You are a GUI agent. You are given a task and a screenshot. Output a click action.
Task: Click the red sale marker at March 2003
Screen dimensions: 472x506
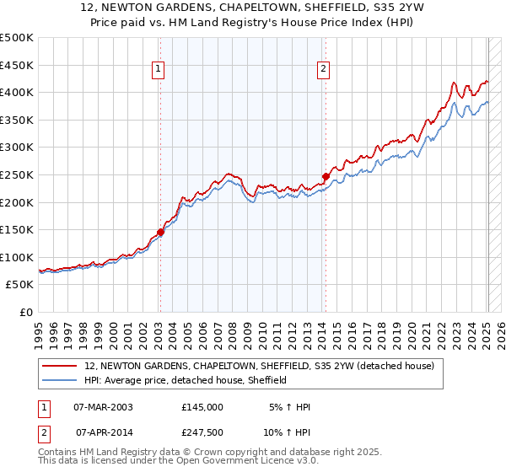coord(160,233)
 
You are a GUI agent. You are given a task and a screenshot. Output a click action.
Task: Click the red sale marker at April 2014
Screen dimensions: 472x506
coord(326,176)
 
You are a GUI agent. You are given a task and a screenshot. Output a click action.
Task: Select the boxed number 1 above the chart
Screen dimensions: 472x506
coord(159,70)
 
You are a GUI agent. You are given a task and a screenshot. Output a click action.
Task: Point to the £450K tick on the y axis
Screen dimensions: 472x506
coord(18,65)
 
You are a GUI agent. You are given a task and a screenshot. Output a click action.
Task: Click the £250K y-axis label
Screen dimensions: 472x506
coord(18,174)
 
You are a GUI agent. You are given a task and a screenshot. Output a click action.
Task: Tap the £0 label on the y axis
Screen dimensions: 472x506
coord(25,312)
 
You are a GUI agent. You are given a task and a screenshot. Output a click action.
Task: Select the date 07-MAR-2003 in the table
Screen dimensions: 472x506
coord(103,407)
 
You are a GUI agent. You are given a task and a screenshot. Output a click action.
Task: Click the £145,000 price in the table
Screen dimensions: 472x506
coord(202,407)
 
